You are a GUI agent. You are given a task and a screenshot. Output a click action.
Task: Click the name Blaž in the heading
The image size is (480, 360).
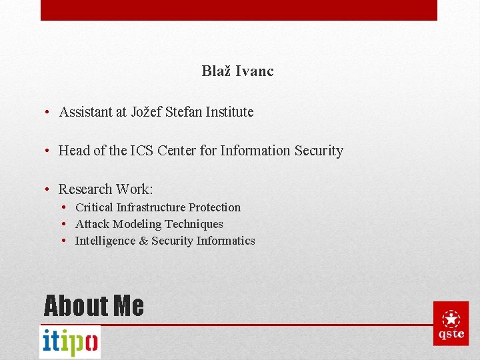point(216,71)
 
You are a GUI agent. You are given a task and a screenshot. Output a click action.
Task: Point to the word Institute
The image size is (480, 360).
point(229,112)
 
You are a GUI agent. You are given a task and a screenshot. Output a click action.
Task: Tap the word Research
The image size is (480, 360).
point(85,189)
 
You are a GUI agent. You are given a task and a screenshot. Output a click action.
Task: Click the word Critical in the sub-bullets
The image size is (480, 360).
point(93,207)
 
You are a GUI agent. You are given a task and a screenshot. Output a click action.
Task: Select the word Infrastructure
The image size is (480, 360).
point(149,207)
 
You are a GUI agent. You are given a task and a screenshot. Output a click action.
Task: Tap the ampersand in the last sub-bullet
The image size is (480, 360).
point(143,241)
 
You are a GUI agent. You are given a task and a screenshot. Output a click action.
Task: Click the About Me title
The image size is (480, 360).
point(93,305)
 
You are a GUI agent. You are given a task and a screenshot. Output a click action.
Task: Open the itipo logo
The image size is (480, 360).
point(70,341)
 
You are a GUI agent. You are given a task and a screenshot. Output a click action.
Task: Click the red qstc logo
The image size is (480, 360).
point(451,323)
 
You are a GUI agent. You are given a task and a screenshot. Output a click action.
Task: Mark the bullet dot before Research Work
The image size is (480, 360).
point(49,189)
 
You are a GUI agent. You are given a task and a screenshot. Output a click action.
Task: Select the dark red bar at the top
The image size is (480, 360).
point(239,10)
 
